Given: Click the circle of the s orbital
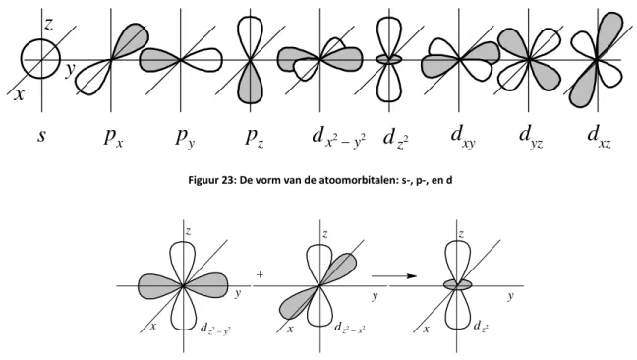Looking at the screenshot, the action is click(x=22, y=59).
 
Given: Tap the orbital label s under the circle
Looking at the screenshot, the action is click(x=41, y=135).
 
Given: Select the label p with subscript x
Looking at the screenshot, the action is click(x=113, y=137).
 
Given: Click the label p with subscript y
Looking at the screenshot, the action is click(x=185, y=138).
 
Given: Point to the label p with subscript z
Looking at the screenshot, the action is click(x=255, y=137).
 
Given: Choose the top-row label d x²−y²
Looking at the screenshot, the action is click(x=339, y=137).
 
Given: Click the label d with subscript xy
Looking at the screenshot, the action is click(x=463, y=137).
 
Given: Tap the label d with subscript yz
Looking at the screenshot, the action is click(x=531, y=137).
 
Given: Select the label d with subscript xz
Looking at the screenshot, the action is click(x=600, y=136).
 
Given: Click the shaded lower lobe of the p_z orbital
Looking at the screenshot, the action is click(x=251, y=85).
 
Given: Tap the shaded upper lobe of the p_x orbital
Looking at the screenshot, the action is click(x=132, y=39).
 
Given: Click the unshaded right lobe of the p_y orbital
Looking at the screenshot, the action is click(x=204, y=60).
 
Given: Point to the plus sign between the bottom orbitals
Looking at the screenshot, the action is click(x=260, y=274).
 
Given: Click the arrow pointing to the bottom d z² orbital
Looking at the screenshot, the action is click(x=394, y=276).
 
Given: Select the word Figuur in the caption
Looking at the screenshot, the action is click(x=203, y=180).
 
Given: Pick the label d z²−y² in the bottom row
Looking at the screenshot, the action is click(x=215, y=329).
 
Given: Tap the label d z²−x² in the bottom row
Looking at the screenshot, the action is click(x=349, y=328).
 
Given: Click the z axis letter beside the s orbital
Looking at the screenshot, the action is click(x=48, y=25).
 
